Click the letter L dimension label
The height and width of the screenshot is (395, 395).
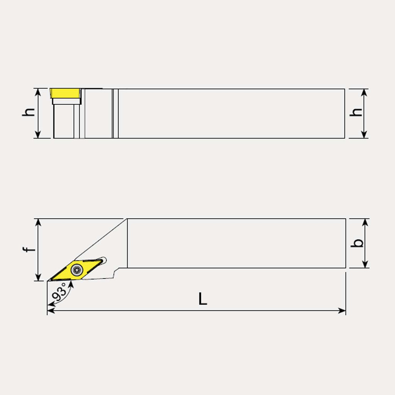203,299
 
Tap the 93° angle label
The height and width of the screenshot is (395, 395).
60,292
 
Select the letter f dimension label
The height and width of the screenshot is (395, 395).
29,250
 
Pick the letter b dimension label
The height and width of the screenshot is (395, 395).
357,243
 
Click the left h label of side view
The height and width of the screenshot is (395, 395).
29,112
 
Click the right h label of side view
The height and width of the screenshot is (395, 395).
356,112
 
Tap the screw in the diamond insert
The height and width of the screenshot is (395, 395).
77,270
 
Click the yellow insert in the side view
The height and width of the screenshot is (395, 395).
65,93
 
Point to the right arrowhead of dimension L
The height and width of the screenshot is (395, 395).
342,311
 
